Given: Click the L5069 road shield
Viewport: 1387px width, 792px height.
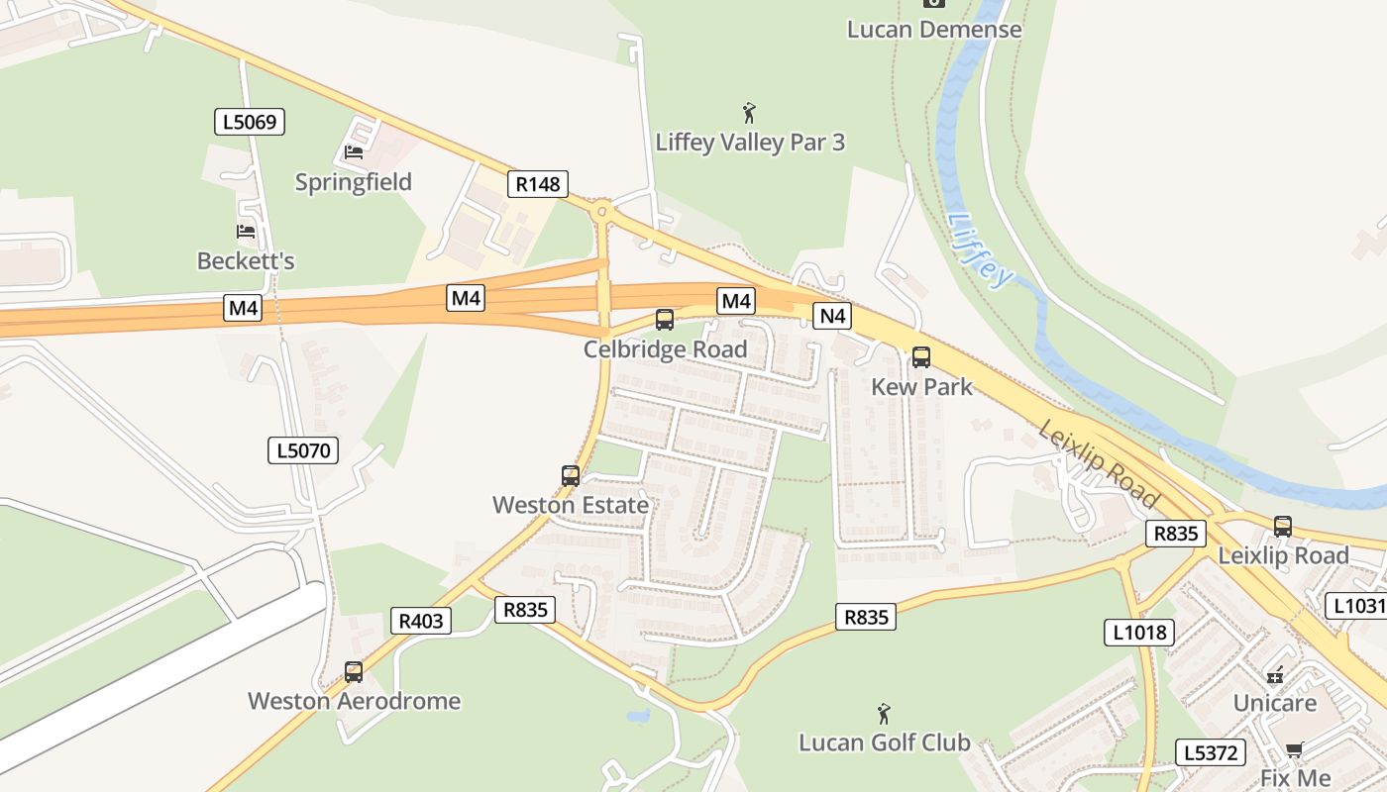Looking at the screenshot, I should [250, 123].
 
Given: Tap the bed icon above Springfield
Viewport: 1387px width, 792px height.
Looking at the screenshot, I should [354, 152].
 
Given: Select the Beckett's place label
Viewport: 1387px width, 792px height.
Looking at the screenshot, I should [246, 261].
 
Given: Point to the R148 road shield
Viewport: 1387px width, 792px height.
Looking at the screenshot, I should [538, 183].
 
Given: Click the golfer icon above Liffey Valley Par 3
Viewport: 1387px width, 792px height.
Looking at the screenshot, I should [749, 113].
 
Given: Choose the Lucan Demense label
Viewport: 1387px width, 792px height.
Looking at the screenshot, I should [933, 29].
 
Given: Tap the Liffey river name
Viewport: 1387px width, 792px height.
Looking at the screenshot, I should [981, 250].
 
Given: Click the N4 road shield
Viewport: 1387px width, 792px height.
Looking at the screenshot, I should [832, 316].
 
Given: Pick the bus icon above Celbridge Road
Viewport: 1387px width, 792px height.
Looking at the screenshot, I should [665, 320].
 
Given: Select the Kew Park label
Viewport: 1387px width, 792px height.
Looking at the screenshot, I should [921, 386].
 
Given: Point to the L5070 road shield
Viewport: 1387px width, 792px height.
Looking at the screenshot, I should [303, 451].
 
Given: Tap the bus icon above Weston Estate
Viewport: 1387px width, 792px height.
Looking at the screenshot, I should [571, 476].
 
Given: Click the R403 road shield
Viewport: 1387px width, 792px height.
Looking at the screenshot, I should [421, 621].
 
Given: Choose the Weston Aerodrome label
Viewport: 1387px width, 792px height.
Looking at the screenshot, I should [354, 701].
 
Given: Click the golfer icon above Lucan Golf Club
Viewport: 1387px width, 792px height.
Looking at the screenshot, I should [884, 714].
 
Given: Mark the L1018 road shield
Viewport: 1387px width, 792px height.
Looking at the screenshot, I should [1139, 632].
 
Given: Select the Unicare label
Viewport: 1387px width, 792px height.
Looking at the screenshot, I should [1274, 703].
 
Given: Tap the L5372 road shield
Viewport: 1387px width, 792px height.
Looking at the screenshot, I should [1210, 752].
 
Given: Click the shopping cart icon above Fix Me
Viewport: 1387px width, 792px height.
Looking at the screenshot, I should [1294, 750].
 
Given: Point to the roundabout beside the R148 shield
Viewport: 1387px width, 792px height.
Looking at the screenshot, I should [601, 211].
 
